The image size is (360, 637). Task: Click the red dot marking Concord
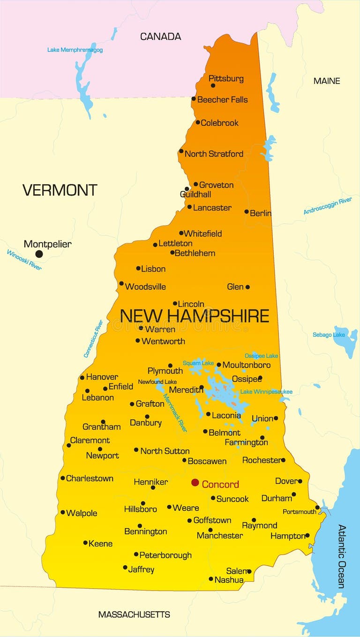click(x=195, y=483)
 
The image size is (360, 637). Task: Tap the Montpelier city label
click(x=47, y=244)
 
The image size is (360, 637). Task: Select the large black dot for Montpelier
click(x=39, y=254)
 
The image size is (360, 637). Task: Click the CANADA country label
click(x=160, y=36)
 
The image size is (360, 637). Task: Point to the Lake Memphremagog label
click(x=75, y=50)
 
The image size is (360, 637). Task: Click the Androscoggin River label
click(x=327, y=206)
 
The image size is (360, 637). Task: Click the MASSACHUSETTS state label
click(x=134, y=614)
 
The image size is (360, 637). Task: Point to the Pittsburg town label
click(x=226, y=78)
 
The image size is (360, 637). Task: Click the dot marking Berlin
click(x=247, y=212)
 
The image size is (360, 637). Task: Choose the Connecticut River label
click(x=93, y=339)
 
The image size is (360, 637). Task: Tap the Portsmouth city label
click(x=299, y=512)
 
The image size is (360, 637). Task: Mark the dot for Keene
click(x=85, y=543)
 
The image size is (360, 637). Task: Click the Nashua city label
click(x=229, y=580)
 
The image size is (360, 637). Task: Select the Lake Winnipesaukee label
click(x=266, y=392)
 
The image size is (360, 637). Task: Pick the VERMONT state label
click(x=60, y=190)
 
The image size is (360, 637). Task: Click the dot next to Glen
click(x=247, y=287)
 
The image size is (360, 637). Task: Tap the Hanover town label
click(x=102, y=377)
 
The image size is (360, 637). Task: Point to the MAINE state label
click(x=327, y=81)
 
